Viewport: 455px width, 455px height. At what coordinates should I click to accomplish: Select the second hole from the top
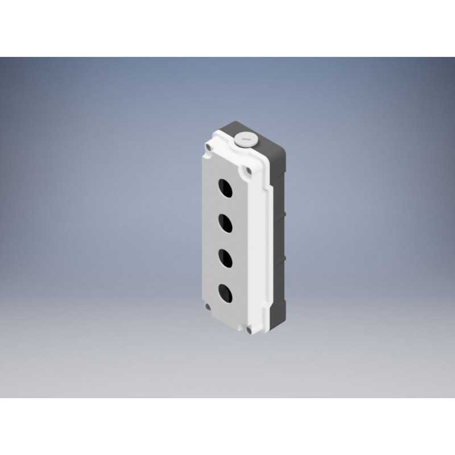(x=226, y=222)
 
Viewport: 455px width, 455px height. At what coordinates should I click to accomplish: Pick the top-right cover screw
(x=249, y=169)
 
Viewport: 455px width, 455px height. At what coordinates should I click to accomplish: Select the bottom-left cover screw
(x=208, y=308)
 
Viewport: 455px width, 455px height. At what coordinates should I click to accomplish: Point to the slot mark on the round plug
(x=246, y=137)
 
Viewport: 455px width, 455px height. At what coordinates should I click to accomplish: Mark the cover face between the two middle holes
(x=226, y=240)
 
